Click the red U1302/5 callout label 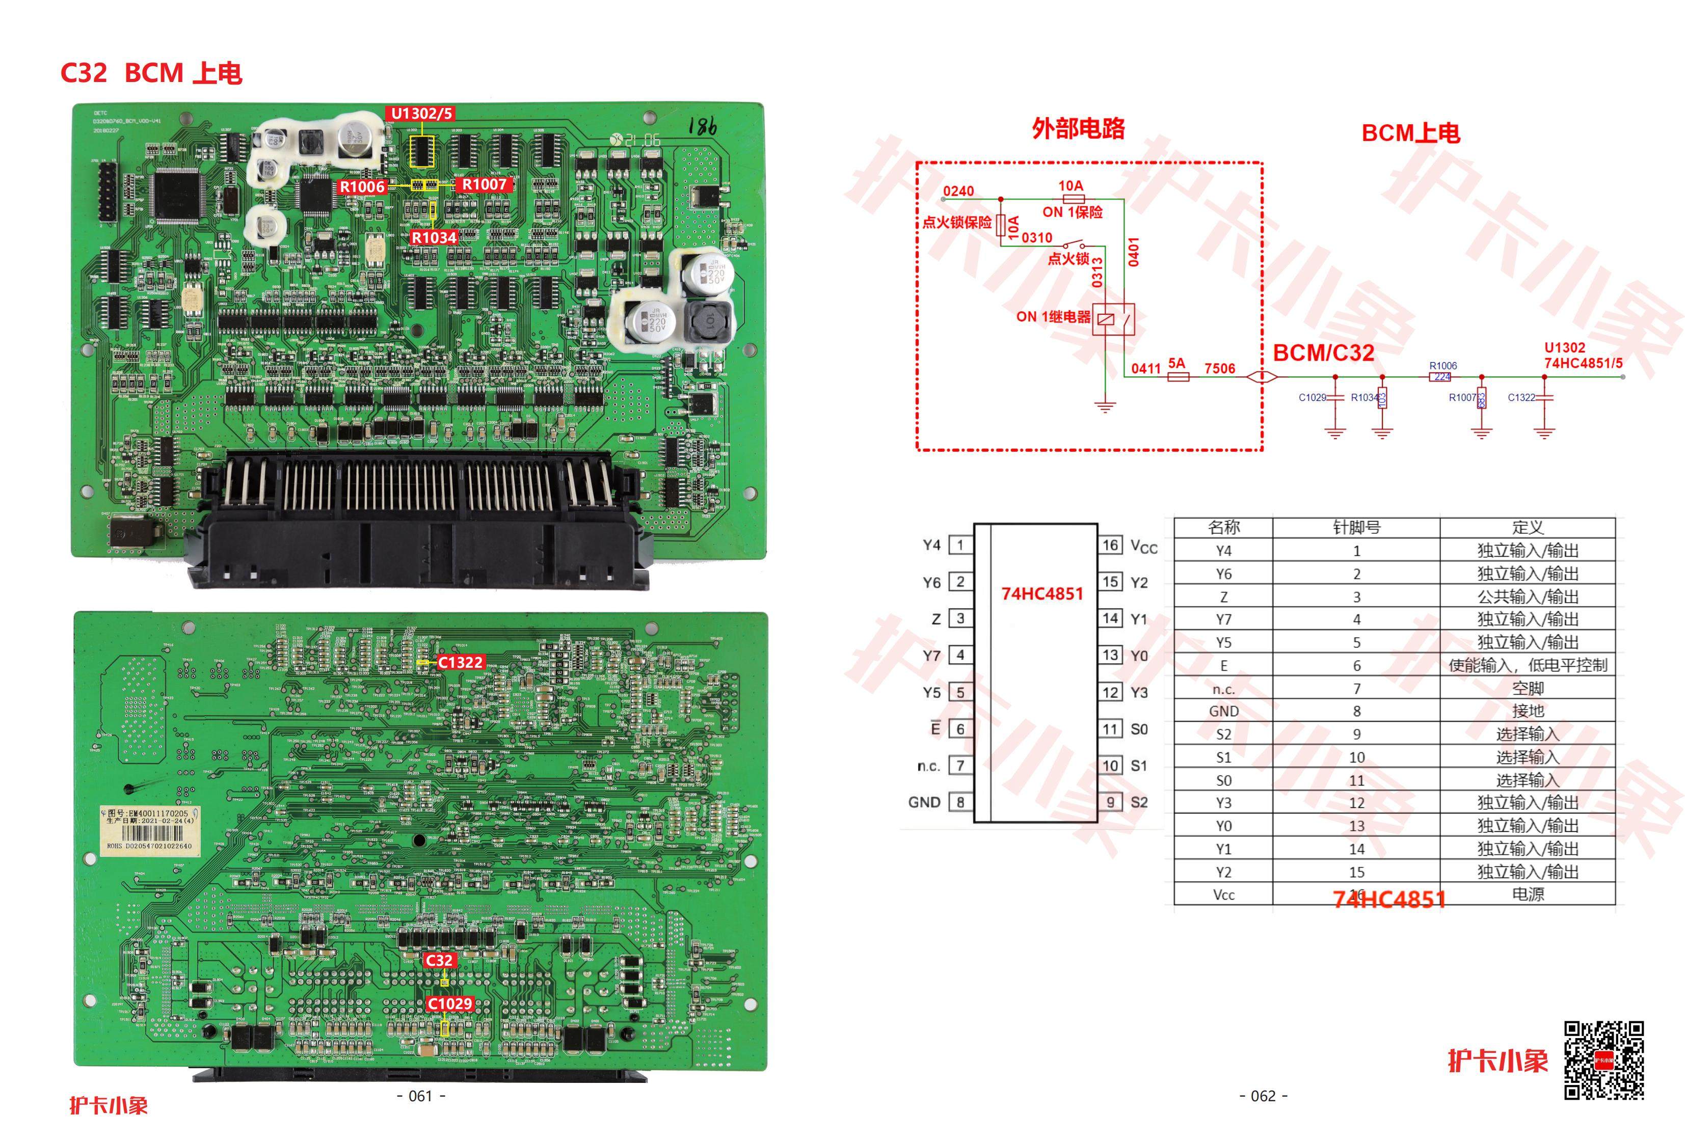421,114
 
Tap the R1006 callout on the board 362,187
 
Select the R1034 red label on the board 434,237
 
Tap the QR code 1604,1060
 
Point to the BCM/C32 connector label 1323,353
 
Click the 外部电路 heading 1078,129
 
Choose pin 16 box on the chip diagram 1111,545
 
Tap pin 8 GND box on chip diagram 960,802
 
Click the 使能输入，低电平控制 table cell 1527,665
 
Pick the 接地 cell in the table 1527,711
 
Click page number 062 1263,1096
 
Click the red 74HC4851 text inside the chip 1042,593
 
